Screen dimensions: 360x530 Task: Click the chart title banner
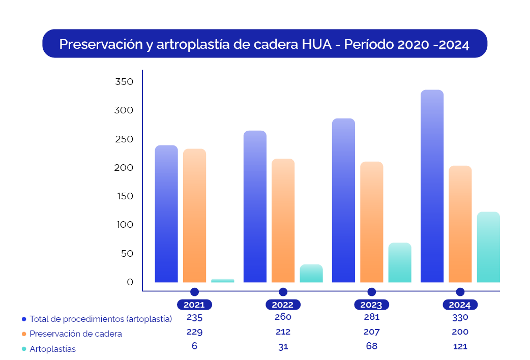click(264, 44)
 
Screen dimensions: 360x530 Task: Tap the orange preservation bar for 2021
click(194, 216)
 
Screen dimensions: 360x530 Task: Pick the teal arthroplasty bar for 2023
click(400, 262)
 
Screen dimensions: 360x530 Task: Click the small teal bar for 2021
click(223, 280)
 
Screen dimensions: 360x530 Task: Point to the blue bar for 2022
click(255, 206)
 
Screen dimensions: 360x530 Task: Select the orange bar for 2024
click(460, 224)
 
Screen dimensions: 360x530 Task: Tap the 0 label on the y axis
click(130, 282)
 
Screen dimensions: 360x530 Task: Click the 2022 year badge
click(283, 305)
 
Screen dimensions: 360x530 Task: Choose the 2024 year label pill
click(460, 305)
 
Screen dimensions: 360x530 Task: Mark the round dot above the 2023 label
click(371, 292)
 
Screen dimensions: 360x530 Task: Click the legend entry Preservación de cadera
click(76, 334)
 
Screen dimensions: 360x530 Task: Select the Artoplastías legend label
click(53, 349)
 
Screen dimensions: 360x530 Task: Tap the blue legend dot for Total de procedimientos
click(24, 319)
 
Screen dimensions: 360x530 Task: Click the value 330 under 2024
click(460, 317)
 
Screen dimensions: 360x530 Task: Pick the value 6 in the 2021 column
click(194, 346)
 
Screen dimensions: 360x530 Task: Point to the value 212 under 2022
click(283, 332)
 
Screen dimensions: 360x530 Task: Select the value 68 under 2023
click(371, 346)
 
